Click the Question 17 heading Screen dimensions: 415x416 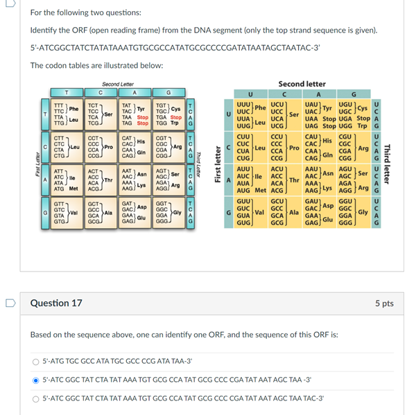[56, 303]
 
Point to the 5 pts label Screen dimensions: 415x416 [383, 303]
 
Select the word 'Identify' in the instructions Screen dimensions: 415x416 [42, 31]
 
